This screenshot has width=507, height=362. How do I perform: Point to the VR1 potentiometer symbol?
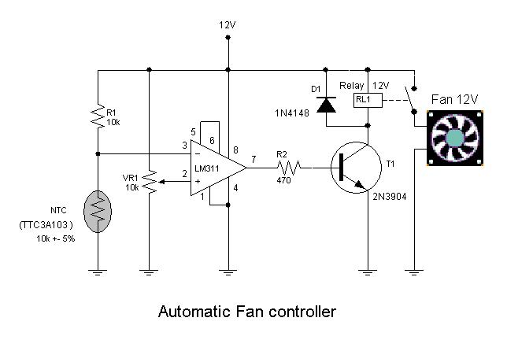tap(150, 183)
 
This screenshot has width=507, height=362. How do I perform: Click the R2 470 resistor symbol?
tap(290, 167)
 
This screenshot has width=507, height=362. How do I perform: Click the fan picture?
tap(456, 138)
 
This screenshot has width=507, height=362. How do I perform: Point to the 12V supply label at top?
tap(227, 25)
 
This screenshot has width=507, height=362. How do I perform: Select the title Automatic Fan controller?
tap(247, 311)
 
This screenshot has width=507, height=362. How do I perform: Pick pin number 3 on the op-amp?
tap(183, 145)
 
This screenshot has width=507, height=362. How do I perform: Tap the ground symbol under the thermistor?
tap(96, 271)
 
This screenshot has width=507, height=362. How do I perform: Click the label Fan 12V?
tap(455, 100)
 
